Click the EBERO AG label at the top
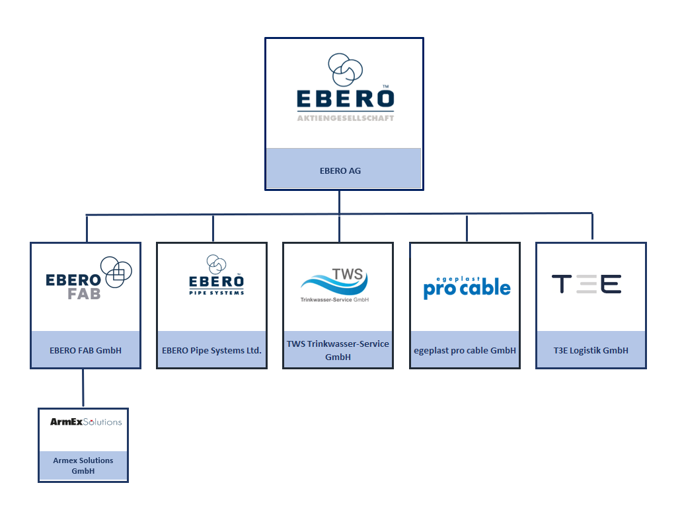click(x=340, y=170)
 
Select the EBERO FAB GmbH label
click(x=86, y=350)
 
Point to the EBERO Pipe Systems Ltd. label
click(x=211, y=350)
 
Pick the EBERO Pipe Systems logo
click(x=215, y=277)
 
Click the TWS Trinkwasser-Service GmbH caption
click(x=338, y=350)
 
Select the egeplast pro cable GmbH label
click(x=465, y=350)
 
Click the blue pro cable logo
click(x=467, y=288)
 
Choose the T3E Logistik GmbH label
click(x=591, y=350)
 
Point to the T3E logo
click(x=587, y=285)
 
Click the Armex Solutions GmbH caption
click(x=83, y=466)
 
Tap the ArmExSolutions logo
click(x=86, y=421)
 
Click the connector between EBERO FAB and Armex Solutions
click(x=83, y=388)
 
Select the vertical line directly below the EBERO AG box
click(x=340, y=201)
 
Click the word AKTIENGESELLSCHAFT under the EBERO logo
click(x=345, y=118)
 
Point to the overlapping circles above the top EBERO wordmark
click(x=345, y=69)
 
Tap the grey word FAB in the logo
click(x=84, y=293)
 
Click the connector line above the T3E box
click(x=592, y=227)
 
